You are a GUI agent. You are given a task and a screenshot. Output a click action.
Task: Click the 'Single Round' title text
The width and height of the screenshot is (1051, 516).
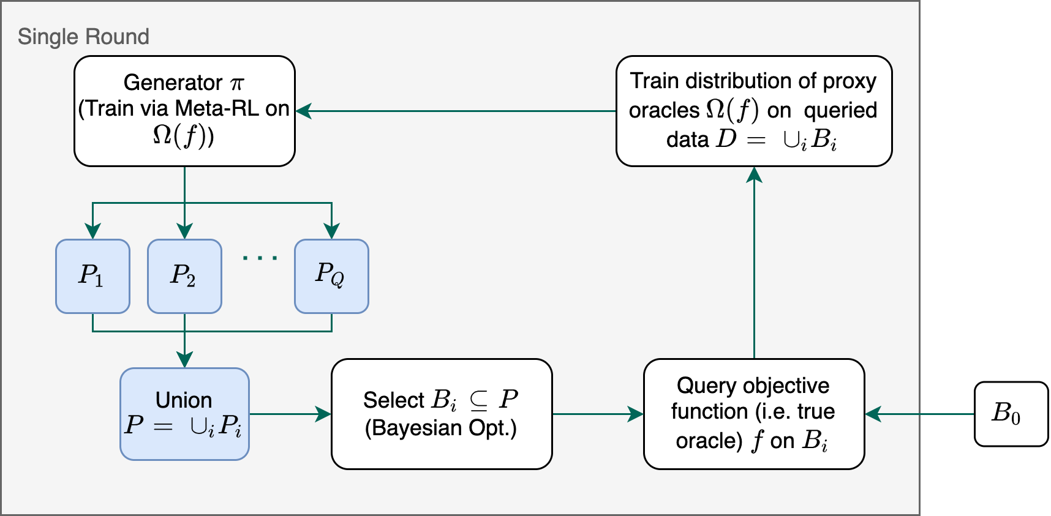coord(83,37)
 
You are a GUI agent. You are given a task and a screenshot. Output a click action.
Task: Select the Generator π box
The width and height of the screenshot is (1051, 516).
coord(184,111)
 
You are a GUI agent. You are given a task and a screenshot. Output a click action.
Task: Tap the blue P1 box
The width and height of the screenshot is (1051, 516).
coord(92,276)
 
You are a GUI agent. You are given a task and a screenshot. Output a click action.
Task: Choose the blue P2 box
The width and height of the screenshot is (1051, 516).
coord(184,276)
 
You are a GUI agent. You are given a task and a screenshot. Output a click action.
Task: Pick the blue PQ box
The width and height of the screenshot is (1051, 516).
coord(331,276)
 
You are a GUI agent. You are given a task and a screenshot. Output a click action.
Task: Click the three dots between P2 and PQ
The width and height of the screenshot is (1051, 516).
coord(260,258)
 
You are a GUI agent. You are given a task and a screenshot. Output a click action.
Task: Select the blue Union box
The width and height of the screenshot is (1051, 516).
coord(184,414)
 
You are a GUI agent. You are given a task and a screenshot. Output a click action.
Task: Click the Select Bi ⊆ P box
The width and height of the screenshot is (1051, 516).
coord(442,414)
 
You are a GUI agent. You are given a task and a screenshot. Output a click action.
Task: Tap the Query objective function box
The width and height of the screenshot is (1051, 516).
coord(754,414)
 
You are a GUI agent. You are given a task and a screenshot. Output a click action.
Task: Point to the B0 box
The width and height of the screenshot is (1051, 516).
coord(1011,414)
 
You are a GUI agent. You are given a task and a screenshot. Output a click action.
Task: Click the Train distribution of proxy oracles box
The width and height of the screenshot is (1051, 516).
coord(754,111)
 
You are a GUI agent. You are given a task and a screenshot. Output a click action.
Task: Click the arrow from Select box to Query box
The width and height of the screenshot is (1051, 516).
coord(597,414)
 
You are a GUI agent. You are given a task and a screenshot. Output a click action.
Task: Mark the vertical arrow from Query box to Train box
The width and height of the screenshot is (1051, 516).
coord(754,263)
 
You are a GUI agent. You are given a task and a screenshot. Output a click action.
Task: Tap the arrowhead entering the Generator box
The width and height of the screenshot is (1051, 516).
coord(304,111)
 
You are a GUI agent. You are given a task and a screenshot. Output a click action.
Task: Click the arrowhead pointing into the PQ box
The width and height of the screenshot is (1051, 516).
coord(331,231)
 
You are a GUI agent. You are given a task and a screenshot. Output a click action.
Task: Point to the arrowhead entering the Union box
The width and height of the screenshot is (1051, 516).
coord(184,359)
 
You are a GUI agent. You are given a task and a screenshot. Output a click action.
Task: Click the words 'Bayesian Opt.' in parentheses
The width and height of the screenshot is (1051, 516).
coord(441,428)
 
